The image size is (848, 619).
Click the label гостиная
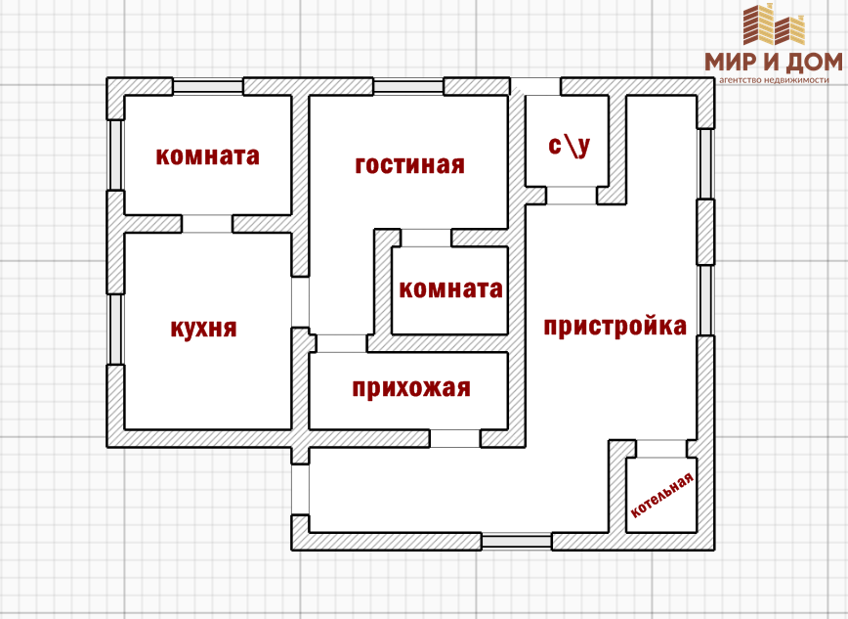[409, 165]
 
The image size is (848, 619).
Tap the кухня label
[203, 329]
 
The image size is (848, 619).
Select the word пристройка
[615, 327]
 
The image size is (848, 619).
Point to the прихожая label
[411, 389]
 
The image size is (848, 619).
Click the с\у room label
[569, 147]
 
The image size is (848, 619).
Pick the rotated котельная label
[662, 495]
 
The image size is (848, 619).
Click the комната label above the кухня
[208, 156]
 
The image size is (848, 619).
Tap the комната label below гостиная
[450, 289]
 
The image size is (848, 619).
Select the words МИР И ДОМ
[773, 63]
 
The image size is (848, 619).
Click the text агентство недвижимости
[779, 81]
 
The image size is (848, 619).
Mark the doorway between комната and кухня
[207, 224]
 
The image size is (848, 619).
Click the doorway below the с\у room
[571, 196]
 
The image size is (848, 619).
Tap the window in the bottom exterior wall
[516, 541]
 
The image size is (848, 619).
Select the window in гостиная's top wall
[408, 86]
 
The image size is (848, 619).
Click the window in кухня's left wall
[115, 329]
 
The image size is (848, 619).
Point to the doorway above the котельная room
[661, 449]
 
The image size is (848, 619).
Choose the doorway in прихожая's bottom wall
[455, 439]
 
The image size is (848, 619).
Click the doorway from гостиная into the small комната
[426, 238]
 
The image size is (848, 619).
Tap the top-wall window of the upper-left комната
[208, 86]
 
